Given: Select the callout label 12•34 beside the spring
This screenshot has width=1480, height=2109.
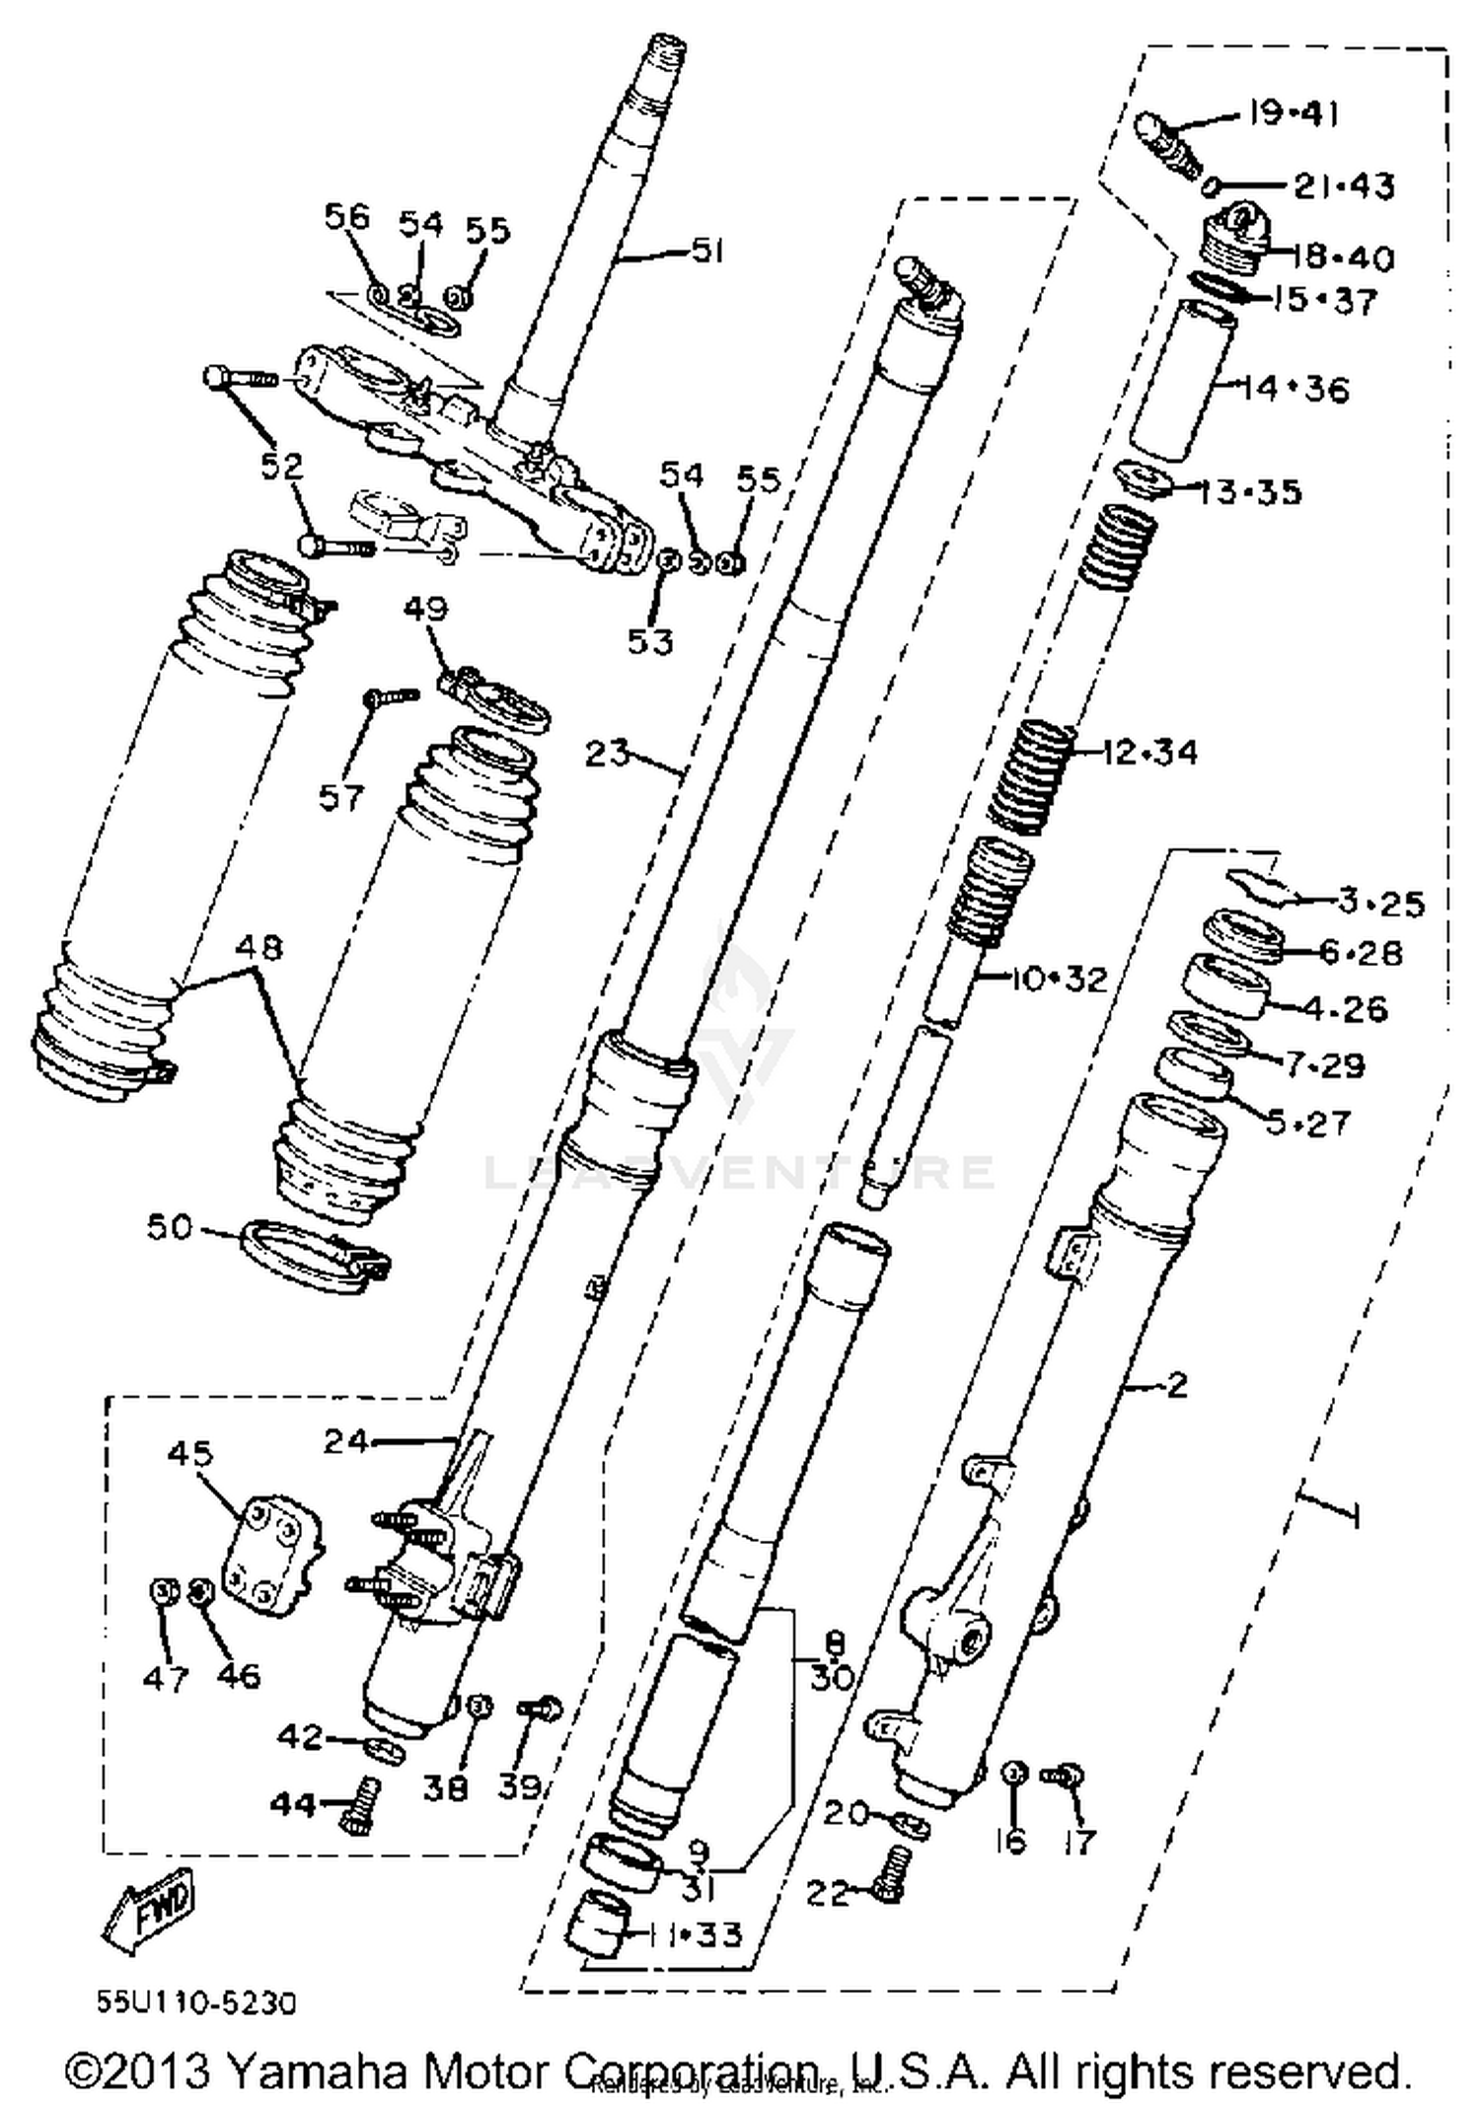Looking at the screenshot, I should (1149, 753).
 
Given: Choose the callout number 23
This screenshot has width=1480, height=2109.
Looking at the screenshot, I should (607, 754).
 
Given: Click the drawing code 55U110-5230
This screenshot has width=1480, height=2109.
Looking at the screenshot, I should (196, 2003).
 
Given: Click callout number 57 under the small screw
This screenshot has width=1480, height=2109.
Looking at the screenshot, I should (341, 796).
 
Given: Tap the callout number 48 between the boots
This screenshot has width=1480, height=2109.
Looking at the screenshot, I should (259, 948).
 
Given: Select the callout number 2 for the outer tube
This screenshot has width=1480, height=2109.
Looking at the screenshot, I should (1176, 1385).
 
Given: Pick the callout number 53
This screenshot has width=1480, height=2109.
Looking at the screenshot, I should (650, 642).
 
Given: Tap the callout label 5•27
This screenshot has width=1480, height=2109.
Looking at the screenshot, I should (1308, 1123).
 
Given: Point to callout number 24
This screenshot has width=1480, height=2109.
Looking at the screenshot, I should (345, 1442).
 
